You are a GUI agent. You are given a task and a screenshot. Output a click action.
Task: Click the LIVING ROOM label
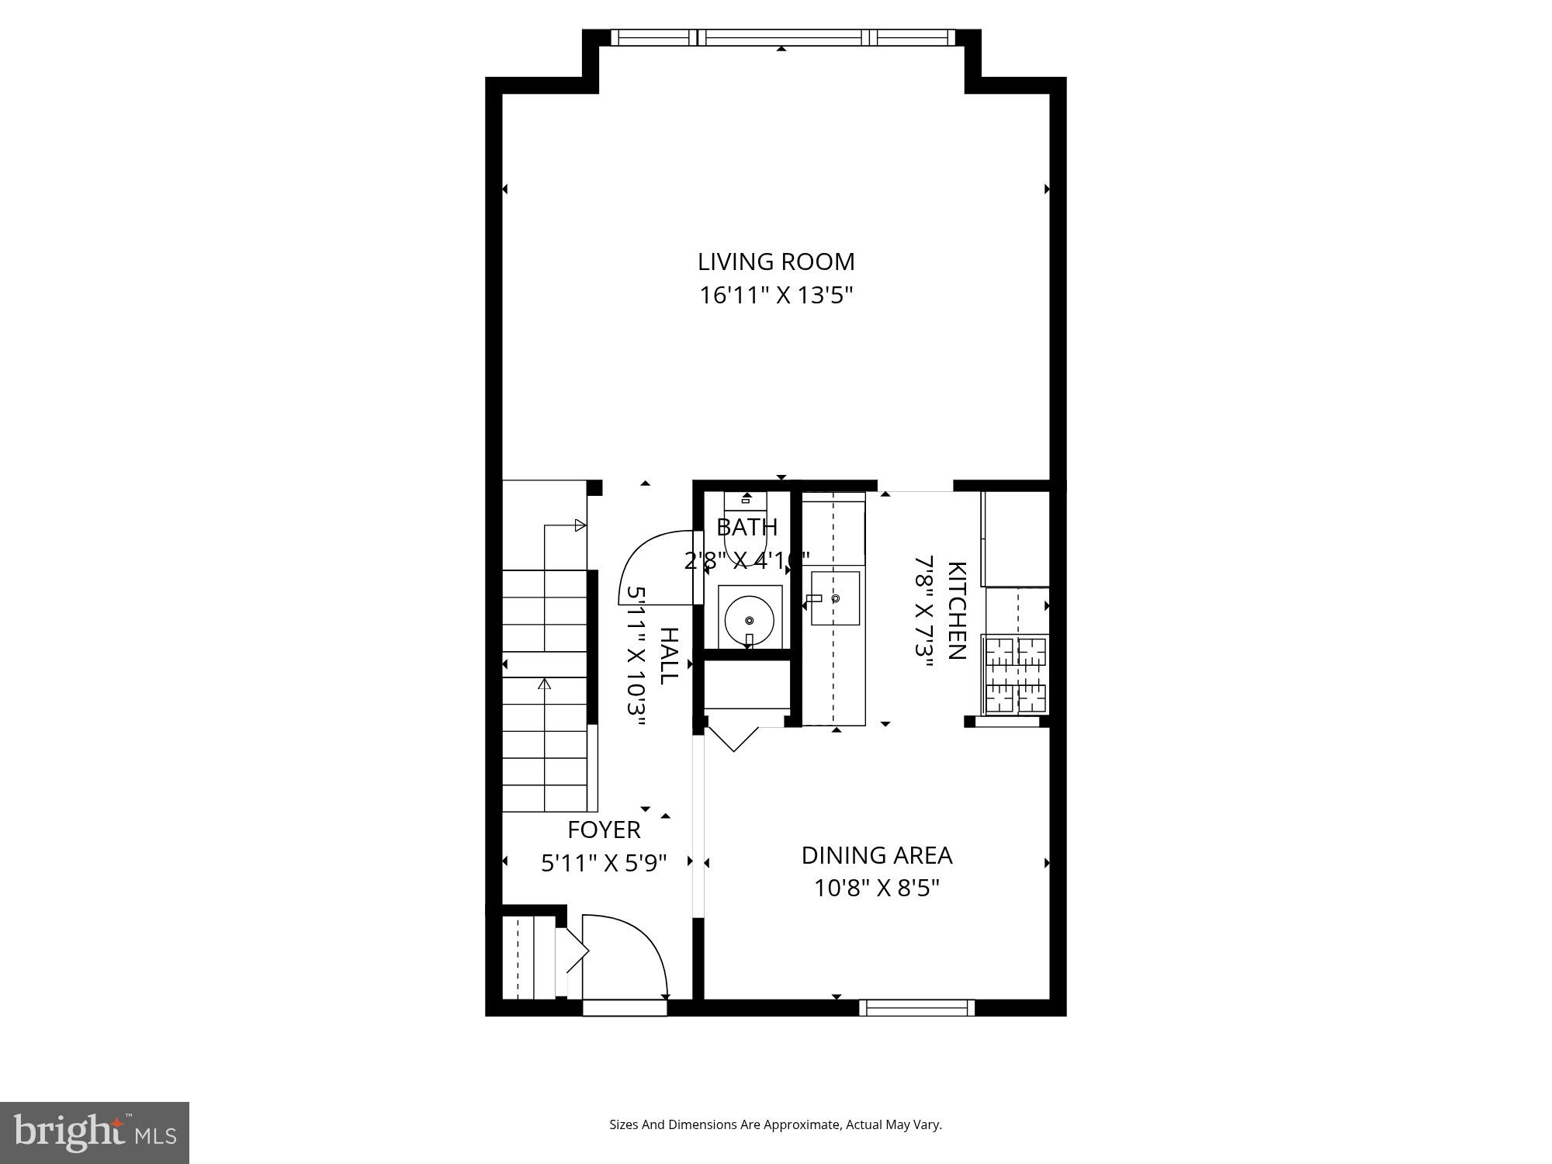pyautogui.click(x=776, y=262)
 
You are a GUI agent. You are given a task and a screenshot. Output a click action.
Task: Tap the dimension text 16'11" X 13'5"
pyautogui.click(x=776, y=296)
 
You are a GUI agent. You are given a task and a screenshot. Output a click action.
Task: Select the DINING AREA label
pyautogui.click(x=876, y=855)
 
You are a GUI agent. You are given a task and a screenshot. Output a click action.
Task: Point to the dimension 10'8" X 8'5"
pyautogui.click(x=876, y=888)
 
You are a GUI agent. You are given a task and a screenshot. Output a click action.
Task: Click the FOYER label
pyautogui.click(x=604, y=830)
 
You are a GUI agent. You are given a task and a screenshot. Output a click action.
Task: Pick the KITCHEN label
pyautogui.click(x=957, y=610)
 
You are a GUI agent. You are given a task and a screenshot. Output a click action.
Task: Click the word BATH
pyautogui.click(x=747, y=527)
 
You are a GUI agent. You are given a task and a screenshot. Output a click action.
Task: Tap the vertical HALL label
pyautogui.click(x=668, y=656)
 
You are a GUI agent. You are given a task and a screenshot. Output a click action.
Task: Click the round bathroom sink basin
pyautogui.click(x=749, y=620)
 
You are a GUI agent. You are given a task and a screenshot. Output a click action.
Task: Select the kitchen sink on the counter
pyautogui.click(x=835, y=598)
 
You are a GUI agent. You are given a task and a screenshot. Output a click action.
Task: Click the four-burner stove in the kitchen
pyautogui.click(x=1015, y=674)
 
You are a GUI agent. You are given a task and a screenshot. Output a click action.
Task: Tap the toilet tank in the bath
pyautogui.click(x=745, y=500)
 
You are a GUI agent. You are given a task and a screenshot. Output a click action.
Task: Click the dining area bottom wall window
pyautogui.click(x=916, y=1007)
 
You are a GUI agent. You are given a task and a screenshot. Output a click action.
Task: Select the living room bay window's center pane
pyautogui.click(x=782, y=37)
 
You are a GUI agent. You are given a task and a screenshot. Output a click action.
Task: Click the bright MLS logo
pyautogui.click(x=95, y=1133)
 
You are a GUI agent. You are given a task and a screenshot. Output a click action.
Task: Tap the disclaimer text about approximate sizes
pyautogui.click(x=775, y=1124)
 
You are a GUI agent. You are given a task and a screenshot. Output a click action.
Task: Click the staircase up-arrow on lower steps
pyautogui.click(x=544, y=684)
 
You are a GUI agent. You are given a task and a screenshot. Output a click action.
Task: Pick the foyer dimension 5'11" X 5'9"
pyautogui.click(x=604, y=863)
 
